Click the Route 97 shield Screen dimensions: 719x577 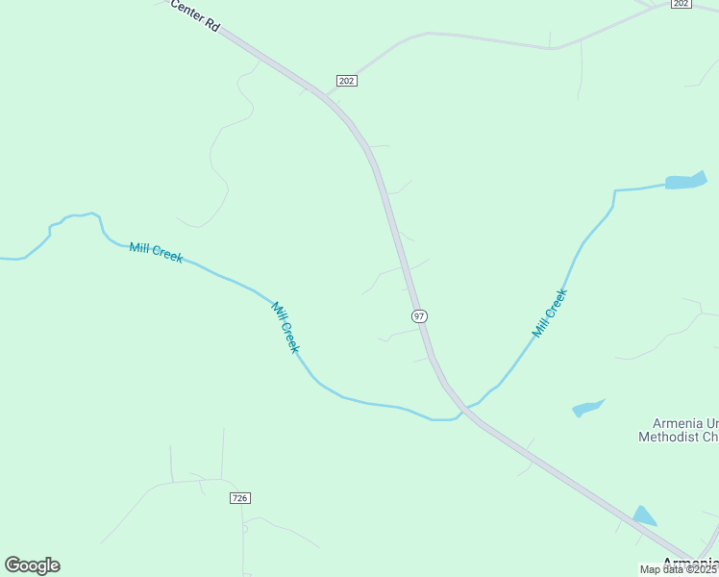point(419,315)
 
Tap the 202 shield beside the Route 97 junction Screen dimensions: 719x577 point(347,81)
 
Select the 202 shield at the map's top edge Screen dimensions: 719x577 point(681,4)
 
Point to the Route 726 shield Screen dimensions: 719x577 point(240,497)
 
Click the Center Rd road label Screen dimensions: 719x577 point(195,17)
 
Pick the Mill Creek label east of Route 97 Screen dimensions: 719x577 point(551,313)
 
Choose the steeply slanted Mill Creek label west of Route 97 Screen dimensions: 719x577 point(285,327)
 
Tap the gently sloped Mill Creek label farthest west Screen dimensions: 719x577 point(156,254)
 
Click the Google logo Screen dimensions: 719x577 point(33,564)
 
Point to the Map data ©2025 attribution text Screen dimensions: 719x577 point(679,569)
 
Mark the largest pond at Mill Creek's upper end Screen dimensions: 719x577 point(685,181)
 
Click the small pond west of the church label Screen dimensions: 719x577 point(587,409)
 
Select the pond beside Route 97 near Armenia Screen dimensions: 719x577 point(644,515)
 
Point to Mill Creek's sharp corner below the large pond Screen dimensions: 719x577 point(614,191)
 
